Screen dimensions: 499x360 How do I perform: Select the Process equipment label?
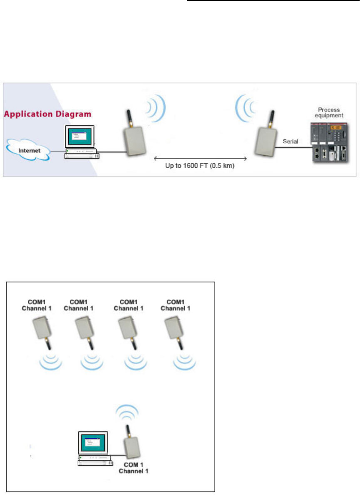(329, 112)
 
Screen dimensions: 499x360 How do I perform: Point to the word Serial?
(290, 142)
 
